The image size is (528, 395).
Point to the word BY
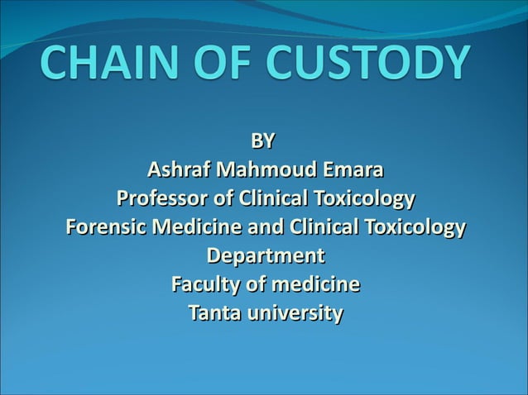[264, 141]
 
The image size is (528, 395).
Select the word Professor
[165, 200]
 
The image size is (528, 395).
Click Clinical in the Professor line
[272, 200]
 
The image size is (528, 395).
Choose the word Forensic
[102, 227]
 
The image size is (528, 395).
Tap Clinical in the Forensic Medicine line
[316, 227]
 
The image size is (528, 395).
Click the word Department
[265, 256]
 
